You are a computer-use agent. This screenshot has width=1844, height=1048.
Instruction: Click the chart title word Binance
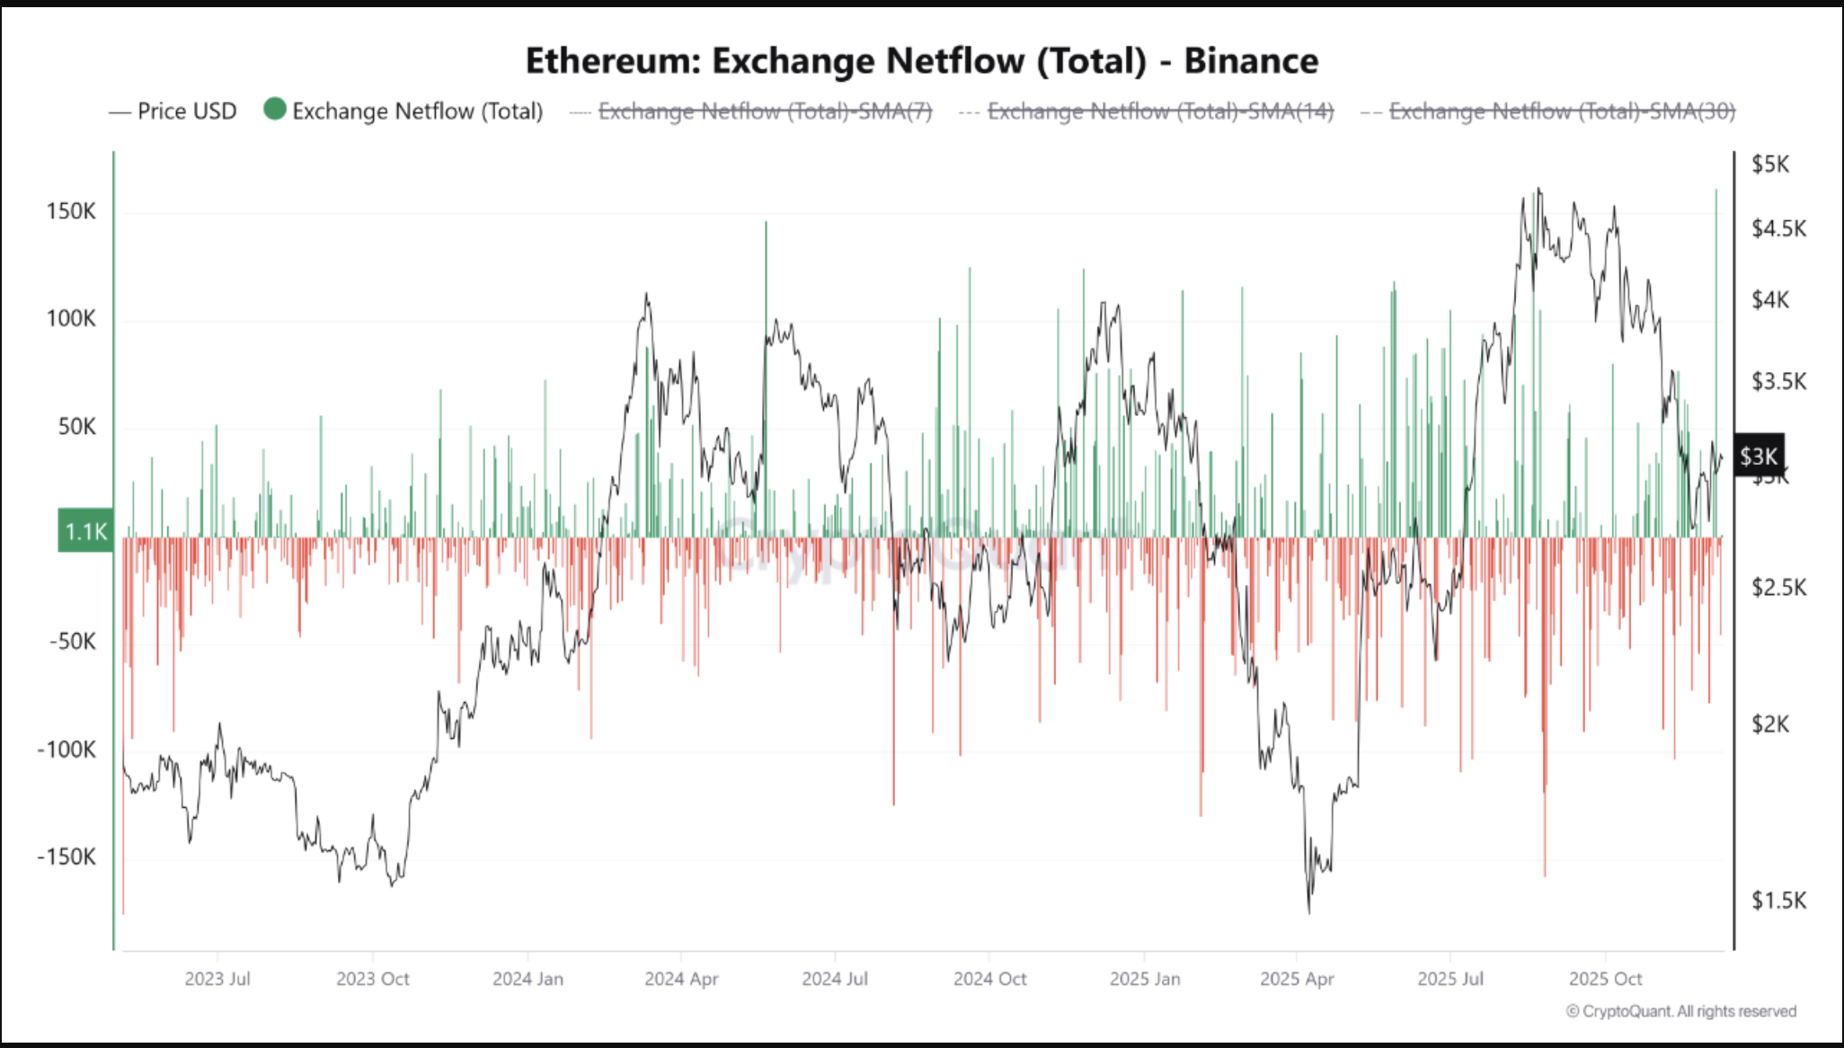click(x=1250, y=61)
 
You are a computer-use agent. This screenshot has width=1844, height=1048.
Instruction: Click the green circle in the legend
click(x=275, y=110)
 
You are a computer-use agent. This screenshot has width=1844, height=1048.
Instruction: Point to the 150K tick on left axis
click(x=71, y=211)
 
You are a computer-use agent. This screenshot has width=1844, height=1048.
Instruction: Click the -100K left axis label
click(x=66, y=749)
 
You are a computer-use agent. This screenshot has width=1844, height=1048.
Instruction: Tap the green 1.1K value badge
click(x=86, y=531)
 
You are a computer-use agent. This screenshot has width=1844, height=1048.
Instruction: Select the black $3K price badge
click(x=1758, y=457)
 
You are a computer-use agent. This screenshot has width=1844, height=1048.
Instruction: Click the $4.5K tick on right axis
click(x=1778, y=228)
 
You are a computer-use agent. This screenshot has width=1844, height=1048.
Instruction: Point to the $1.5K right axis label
click(x=1778, y=900)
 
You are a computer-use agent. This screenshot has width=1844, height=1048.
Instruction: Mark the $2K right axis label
click(x=1770, y=724)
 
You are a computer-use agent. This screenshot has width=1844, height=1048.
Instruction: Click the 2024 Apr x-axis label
click(x=681, y=979)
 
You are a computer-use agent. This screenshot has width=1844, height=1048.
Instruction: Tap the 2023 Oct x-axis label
click(x=372, y=979)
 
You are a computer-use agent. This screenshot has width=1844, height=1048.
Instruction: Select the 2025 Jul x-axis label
click(x=1449, y=979)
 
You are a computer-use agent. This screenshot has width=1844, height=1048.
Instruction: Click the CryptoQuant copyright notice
click(x=1680, y=1011)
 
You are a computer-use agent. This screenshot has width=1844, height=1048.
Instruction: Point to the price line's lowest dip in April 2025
click(x=1308, y=910)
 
